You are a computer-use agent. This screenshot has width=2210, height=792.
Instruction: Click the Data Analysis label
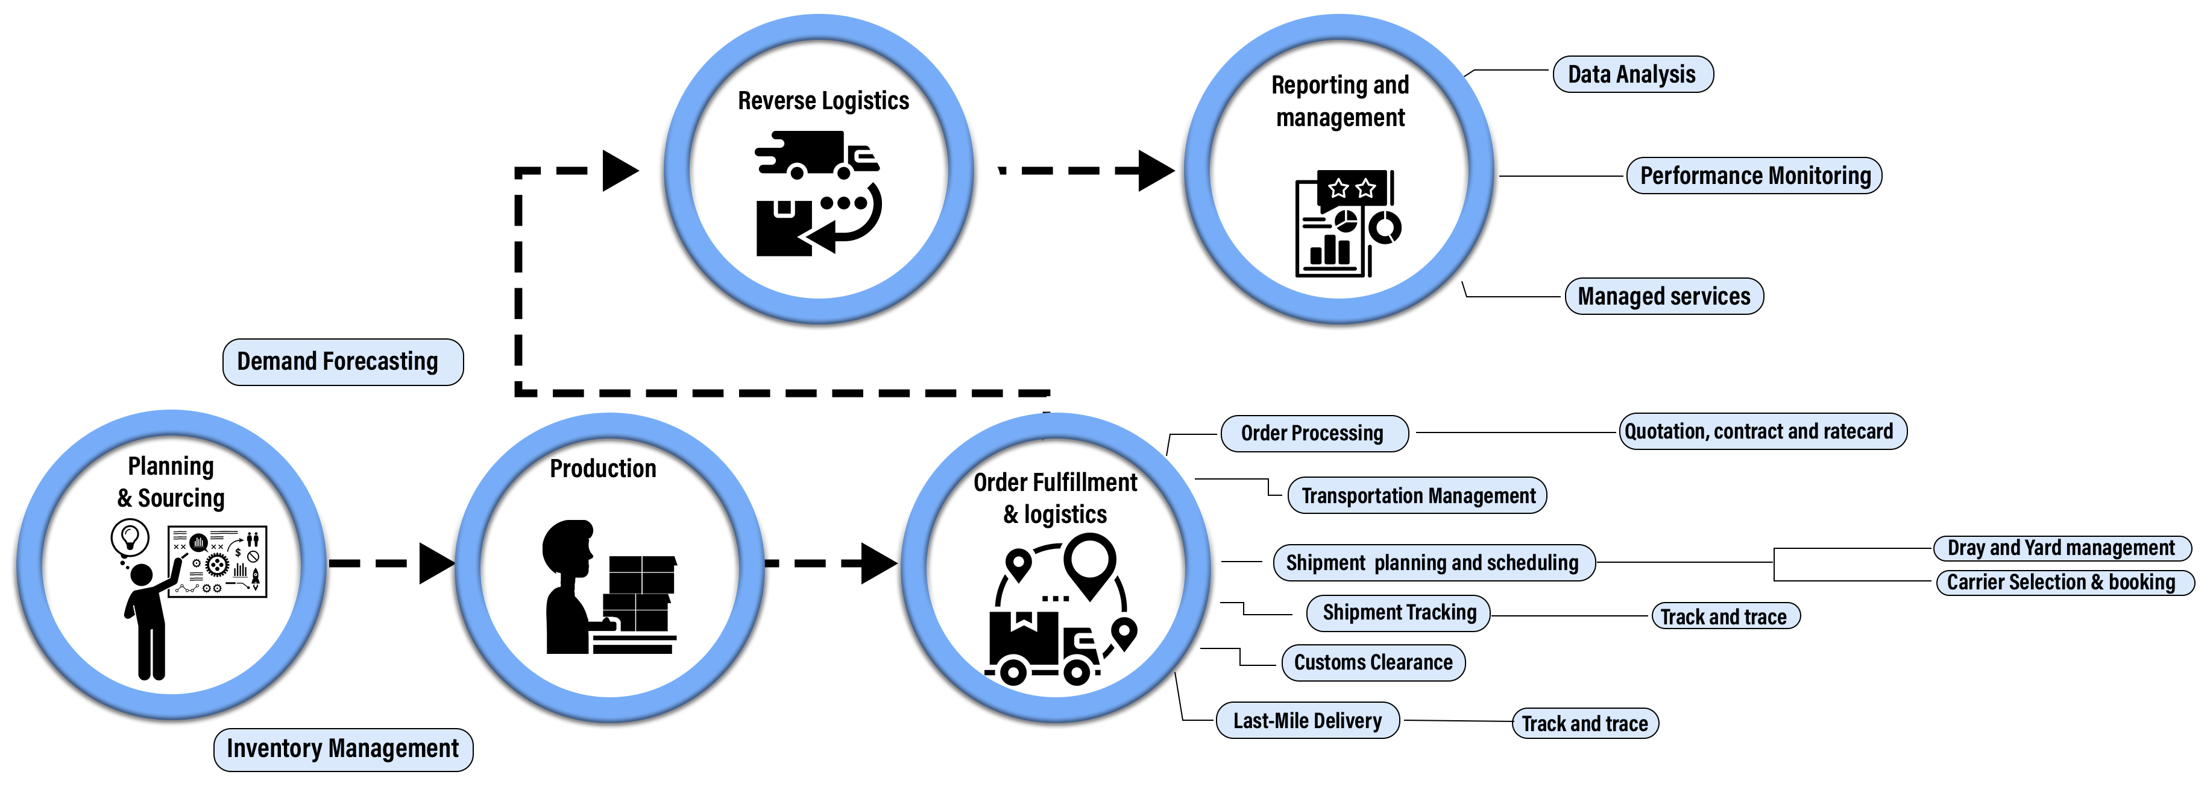tap(1632, 75)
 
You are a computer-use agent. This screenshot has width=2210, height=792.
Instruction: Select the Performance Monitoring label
tap(1754, 176)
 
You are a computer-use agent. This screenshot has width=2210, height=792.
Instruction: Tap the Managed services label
tap(1663, 296)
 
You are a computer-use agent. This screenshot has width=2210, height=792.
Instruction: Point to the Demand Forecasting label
tap(341, 361)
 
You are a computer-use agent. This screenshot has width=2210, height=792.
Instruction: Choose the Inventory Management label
tap(342, 749)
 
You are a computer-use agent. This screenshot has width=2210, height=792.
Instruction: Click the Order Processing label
tap(1312, 433)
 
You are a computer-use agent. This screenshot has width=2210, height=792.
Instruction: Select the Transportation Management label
tap(1417, 496)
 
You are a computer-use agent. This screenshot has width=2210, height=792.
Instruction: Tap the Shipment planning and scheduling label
tap(1432, 563)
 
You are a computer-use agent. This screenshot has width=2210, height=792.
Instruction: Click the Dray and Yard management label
tap(2060, 548)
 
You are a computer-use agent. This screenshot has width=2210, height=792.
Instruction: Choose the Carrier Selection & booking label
tap(2060, 583)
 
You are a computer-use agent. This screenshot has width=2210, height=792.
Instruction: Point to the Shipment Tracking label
tap(1399, 613)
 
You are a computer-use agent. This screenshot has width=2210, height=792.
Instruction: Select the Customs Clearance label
tap(1373, 662)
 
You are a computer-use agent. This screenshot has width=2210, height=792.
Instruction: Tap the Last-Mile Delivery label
tap(1308, 721)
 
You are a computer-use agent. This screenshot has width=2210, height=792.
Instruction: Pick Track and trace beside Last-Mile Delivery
tap(1585, 723)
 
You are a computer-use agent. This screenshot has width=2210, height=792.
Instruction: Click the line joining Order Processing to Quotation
tap(1514, 432)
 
